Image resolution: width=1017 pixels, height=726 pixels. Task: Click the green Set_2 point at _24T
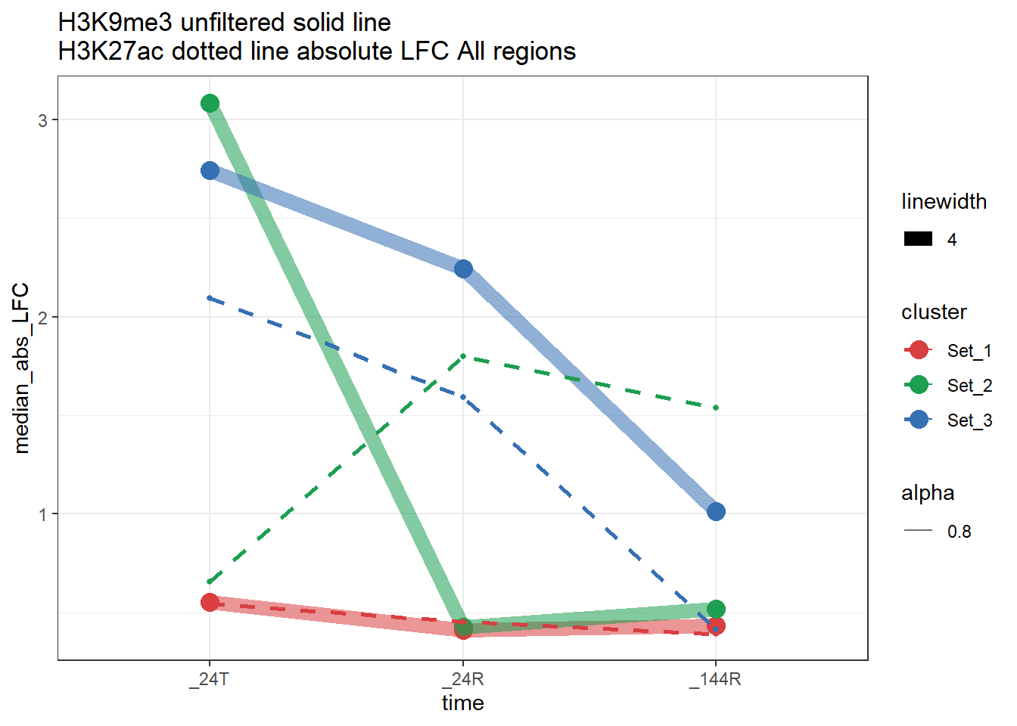click(210, 104)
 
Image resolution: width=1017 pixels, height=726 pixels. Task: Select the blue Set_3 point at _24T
click(210, 171)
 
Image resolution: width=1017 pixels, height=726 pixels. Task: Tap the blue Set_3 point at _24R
click(463, 269)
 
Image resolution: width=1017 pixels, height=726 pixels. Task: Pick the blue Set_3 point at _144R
click(716, 512)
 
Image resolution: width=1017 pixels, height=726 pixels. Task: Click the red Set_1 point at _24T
click(210, 603)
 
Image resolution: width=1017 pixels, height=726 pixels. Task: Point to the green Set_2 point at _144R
click(716, 609)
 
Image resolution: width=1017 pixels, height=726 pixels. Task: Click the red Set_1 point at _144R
click(716, 626)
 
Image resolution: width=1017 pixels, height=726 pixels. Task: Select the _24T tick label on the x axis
click(210, 679)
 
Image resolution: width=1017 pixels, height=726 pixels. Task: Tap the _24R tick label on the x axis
click(463, 679)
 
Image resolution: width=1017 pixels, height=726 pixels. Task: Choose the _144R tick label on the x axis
click(716, 679)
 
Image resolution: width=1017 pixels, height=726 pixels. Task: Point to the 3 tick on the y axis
click(43, 120)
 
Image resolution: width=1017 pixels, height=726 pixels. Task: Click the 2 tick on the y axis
click(43, 318)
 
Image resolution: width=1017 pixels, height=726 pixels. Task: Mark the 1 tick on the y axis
click(43, 514)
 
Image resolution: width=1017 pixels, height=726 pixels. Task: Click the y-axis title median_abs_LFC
click(22, 368)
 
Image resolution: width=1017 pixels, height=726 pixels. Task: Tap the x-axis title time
click(463, 703)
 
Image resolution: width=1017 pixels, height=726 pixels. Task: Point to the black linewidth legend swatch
click(919, 240)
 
